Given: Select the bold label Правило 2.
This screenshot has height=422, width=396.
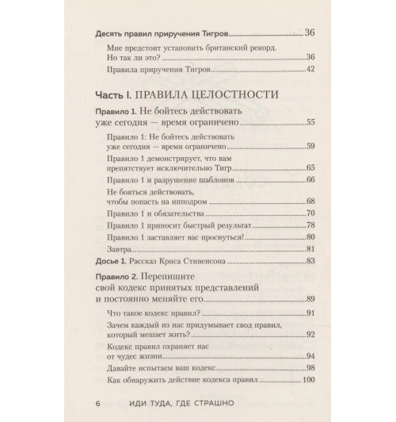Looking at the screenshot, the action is pyautogui.click(x=116, y=274).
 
